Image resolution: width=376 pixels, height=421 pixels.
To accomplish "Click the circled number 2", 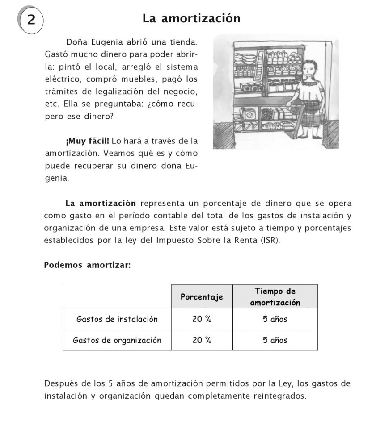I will pyautogui.click(x=31, y=21).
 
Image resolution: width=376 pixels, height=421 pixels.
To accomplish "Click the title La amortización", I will pyautogui.click(x=191, y=18).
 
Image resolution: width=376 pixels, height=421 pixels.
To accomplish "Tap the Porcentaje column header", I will pyautogui.click(x=202, y=297).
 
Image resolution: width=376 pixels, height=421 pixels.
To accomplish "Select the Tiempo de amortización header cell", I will pyautogui.click(x=275, y=296).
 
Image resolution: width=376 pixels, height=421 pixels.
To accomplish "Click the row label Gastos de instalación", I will pyautogui.click(x=117, y=319).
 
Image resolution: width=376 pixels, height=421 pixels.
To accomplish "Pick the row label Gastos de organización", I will pyautogui.click(x=117, y=340).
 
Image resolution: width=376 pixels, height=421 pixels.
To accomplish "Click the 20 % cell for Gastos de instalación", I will pyautogui.click(x=202, y=319).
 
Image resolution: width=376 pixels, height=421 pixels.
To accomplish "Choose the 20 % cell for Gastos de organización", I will pyautogui.click(x=202, y=340).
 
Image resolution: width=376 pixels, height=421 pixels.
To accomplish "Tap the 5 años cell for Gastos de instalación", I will pyautogui.click(x=275, y=319).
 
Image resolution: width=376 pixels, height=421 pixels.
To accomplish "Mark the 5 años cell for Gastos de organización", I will pyautogui.click(x=275, y=340).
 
